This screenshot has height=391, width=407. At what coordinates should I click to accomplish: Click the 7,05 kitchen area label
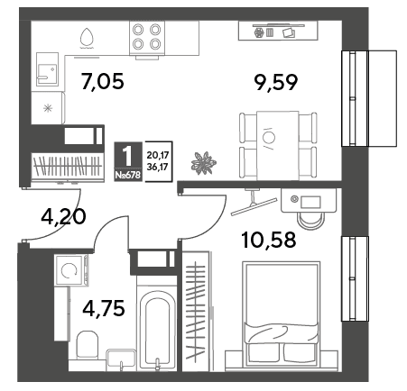[103, 82]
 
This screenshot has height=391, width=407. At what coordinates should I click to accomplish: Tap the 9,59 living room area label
[276, 83]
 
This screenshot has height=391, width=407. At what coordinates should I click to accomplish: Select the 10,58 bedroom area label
[269, 241]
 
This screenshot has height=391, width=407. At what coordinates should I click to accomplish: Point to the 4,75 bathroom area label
[104, 308]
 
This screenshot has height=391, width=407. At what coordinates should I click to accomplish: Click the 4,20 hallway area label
[63, 217]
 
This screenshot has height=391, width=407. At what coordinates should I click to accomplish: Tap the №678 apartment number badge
[128, 175]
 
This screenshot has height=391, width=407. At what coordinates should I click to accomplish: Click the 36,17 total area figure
[158, 167]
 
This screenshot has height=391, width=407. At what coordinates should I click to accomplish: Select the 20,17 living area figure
[158, 156]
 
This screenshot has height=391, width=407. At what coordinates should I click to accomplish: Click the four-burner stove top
[147, 38]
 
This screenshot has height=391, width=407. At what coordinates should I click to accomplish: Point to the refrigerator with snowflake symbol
[48, 108]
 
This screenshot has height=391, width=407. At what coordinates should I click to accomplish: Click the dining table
[277, 145]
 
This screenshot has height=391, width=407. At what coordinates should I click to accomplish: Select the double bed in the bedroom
[282, 314]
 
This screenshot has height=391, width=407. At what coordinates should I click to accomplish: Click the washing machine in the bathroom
[69, 270]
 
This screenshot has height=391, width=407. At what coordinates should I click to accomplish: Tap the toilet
[88, 345]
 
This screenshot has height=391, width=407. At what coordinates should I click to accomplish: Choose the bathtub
[156, 323]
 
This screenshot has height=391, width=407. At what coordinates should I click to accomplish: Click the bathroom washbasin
[122, 359]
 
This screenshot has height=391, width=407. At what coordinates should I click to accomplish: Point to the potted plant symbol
[204, 163]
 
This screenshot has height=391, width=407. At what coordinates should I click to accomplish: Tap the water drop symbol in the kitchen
[87, 38]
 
